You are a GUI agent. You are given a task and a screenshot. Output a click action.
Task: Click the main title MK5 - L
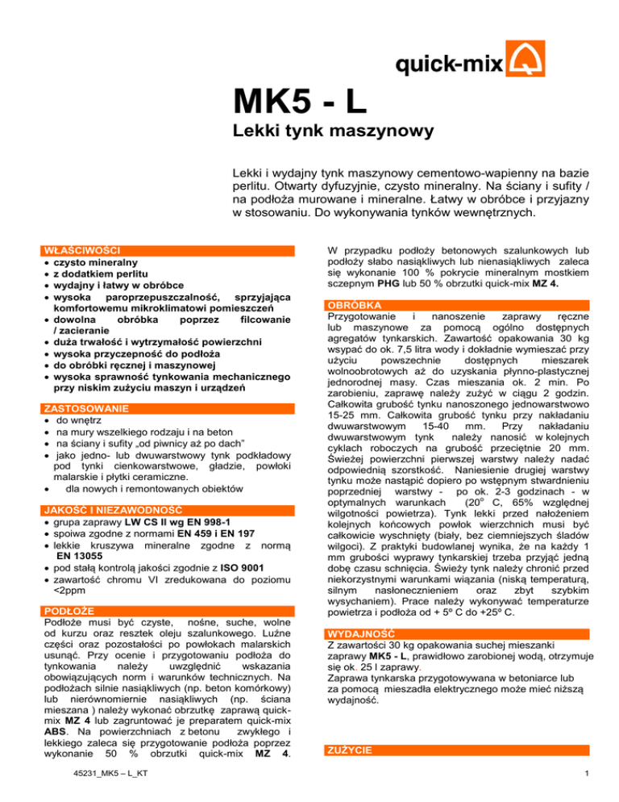300,102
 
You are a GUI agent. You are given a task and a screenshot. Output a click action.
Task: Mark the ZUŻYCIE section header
348,750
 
